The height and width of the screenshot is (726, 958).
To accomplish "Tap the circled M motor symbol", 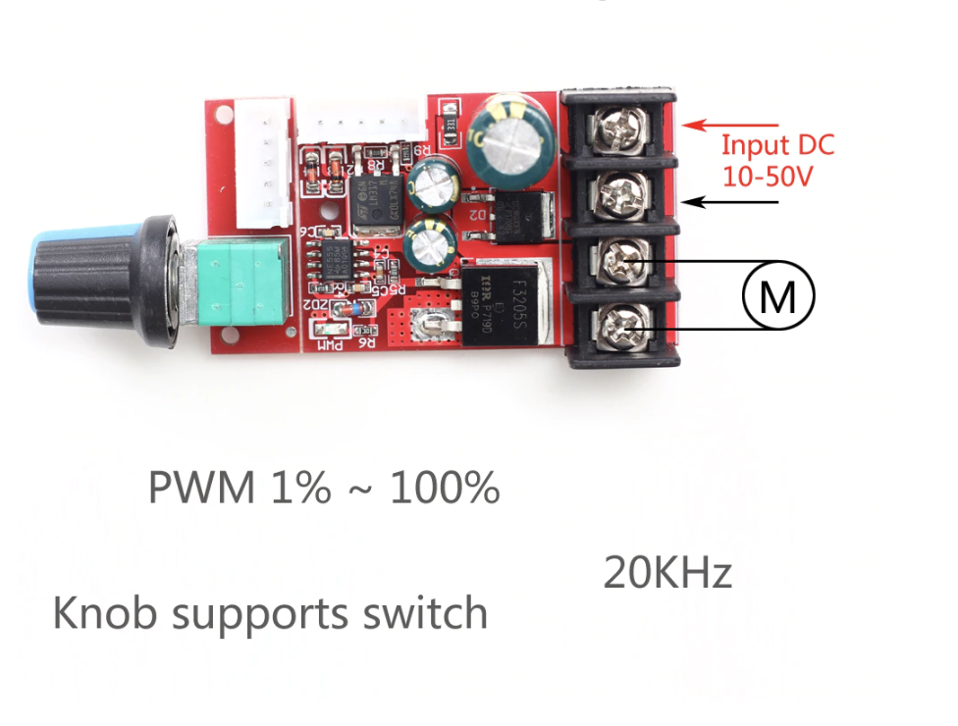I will click(x=778, y=293).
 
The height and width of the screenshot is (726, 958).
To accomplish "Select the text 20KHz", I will click(x=667, y=573).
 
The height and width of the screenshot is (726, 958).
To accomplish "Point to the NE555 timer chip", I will click(x=335, y=258).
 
